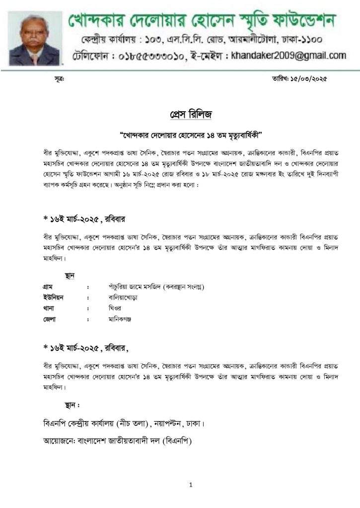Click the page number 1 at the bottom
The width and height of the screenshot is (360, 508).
(190, 485)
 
